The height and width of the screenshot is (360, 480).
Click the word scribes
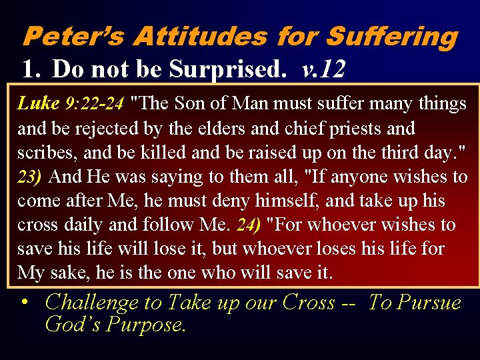tap(43, 152)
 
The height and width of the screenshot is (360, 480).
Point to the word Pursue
tap(429, 302)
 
